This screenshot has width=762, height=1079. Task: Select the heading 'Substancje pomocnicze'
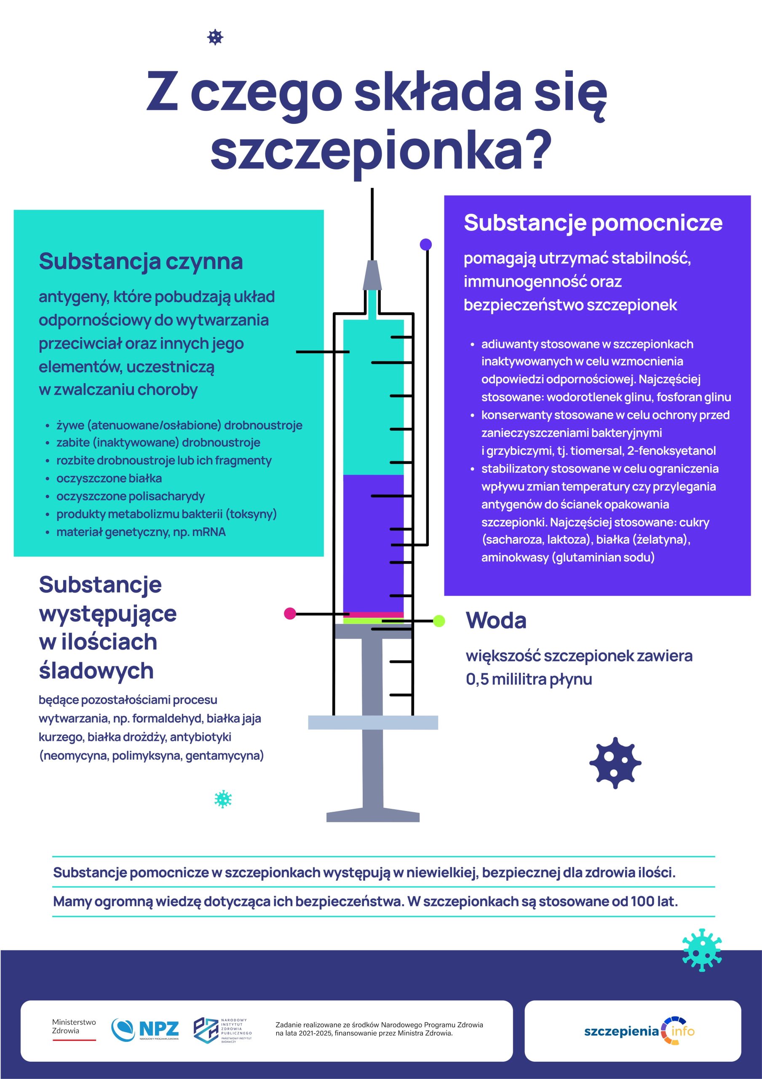click(593, 223)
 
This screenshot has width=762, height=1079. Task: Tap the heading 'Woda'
click(496, 620)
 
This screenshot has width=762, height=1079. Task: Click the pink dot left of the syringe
click(290, 613)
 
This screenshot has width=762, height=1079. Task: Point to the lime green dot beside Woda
click(438, 621)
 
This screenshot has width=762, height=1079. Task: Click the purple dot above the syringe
click(425, 244)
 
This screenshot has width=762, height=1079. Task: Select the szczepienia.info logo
click(639, 1031)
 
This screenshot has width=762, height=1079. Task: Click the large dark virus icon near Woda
click(615, 762)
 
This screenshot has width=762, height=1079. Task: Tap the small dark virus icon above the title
click(215, 37)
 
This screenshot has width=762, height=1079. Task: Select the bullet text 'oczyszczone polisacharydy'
click(130, 496)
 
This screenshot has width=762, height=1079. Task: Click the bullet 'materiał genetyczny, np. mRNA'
click(141, 532)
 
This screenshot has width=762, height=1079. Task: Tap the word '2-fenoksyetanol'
click(671, 451)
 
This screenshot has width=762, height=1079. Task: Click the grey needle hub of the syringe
click(372, 275)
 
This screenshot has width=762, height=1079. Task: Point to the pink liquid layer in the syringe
click(374, 615)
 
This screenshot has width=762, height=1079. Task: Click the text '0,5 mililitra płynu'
click(529, 679)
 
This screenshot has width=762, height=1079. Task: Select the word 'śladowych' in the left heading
click(96, 671)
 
